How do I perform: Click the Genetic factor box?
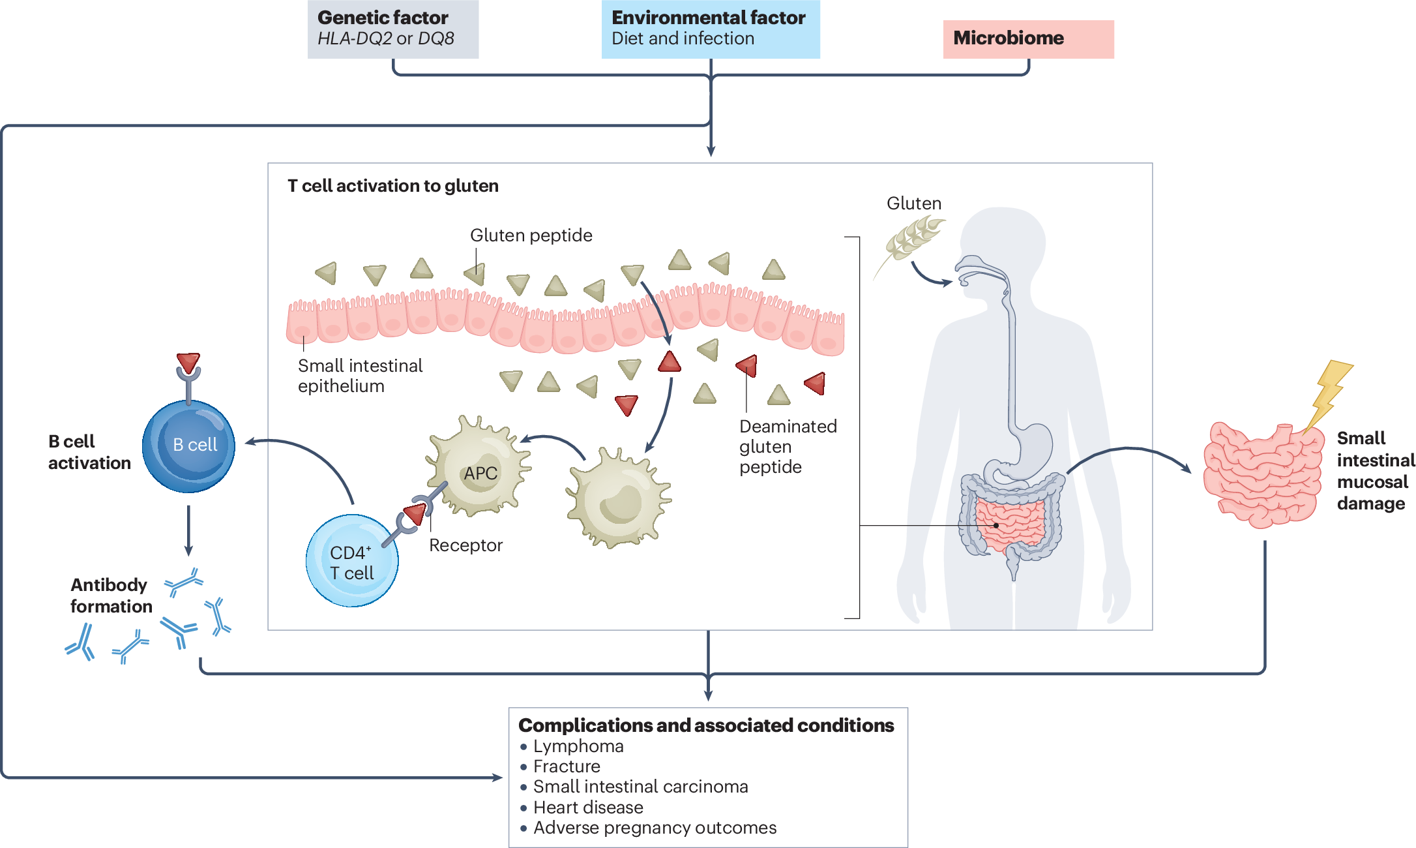(x=393, y=29)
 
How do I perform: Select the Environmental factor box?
(x=711, y=29)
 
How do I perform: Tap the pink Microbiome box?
(x=1028, y=39)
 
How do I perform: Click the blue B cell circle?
(x=188, y=446)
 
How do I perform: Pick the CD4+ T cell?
(x=352, y=561)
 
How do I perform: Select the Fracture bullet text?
(x=567, y=766)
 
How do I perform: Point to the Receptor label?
(x=465, y=545)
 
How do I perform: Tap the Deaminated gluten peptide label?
(x=788, y=447)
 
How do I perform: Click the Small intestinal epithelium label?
(x=360, y=376)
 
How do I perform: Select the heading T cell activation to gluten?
(x=393, y=186)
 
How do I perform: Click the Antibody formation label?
(x=111, y=596)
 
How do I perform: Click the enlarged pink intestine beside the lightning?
(x=1262, y=475)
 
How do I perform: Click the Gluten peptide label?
(x=531, y=235)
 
